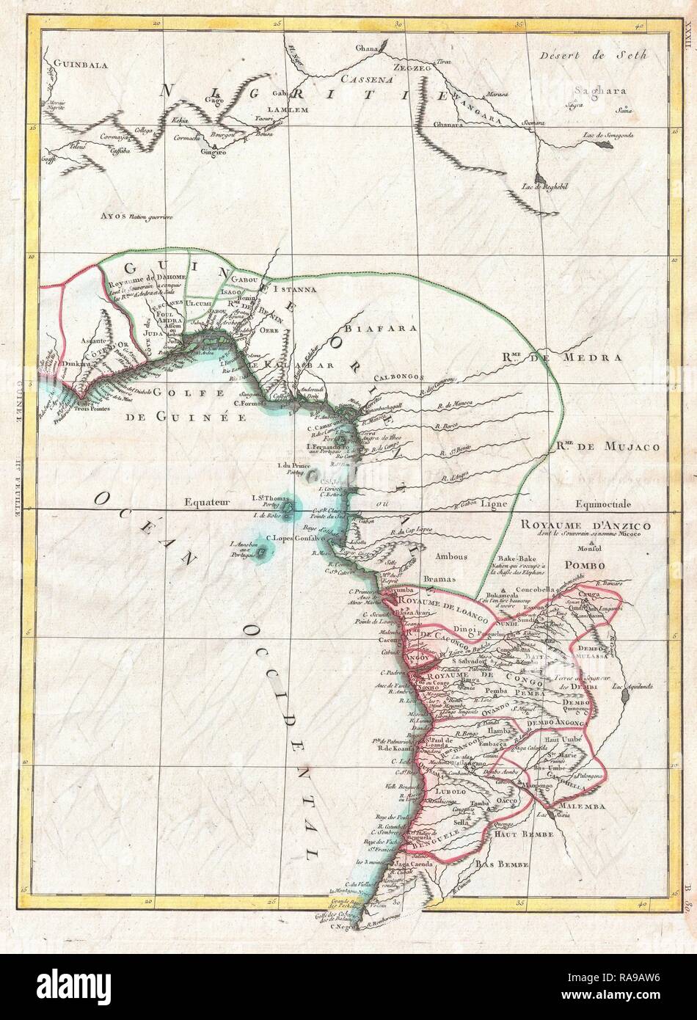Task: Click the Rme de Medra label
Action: point(562,357)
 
